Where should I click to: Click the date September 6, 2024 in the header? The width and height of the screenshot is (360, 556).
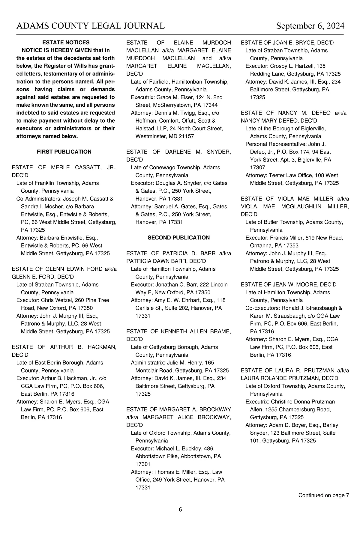tap(310, 26)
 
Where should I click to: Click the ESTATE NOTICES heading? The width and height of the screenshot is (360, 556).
tap(66, 43)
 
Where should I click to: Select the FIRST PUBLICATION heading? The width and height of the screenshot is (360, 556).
tap(64, 152)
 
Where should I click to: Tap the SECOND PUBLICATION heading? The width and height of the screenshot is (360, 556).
tap(178, 238)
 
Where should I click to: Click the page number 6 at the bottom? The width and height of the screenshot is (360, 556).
tap(180, 510)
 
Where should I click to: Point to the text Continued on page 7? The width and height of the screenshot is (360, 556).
tap(323, 495)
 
